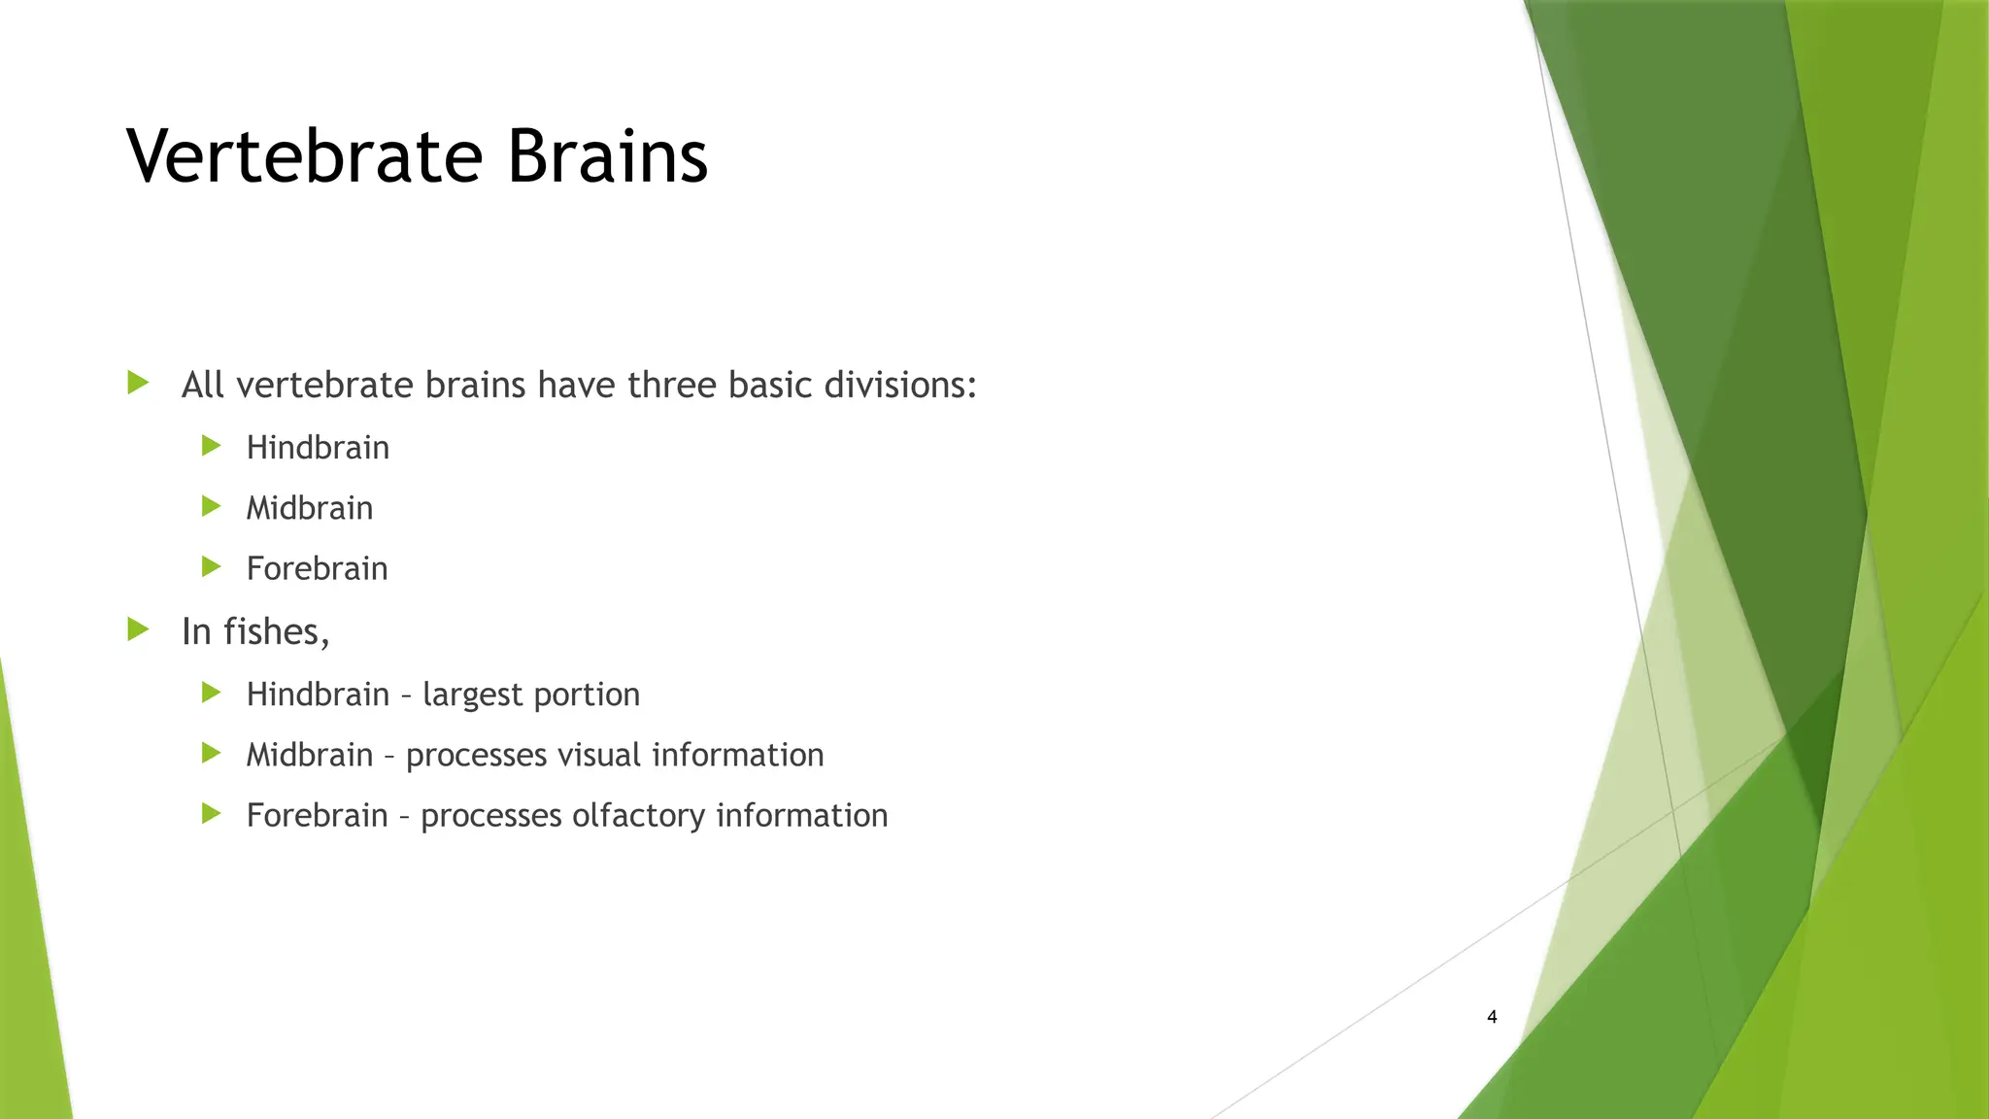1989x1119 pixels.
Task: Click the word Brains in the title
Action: (x=607, y=156)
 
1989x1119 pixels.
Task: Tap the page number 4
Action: (x=1492, y=1017)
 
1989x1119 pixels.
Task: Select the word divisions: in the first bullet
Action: (x=900, y=386)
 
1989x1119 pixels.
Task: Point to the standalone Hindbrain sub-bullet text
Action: (x=318, y=448)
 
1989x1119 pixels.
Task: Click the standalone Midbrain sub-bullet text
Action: (x=309, y=508)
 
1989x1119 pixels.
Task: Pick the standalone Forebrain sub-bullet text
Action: (x=317, y=568)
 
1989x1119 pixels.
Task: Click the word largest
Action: (x=472, y=695)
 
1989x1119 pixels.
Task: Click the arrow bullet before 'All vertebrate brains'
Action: (x=138, y=383)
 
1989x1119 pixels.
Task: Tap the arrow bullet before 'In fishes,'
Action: (x=138, y=629)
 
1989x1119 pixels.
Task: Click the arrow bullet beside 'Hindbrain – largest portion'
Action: (x=212, y=693)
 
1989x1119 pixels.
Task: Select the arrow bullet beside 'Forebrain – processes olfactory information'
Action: (x=212, y=813)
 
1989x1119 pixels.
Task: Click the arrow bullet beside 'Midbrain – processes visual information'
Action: (x=212, y=753)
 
